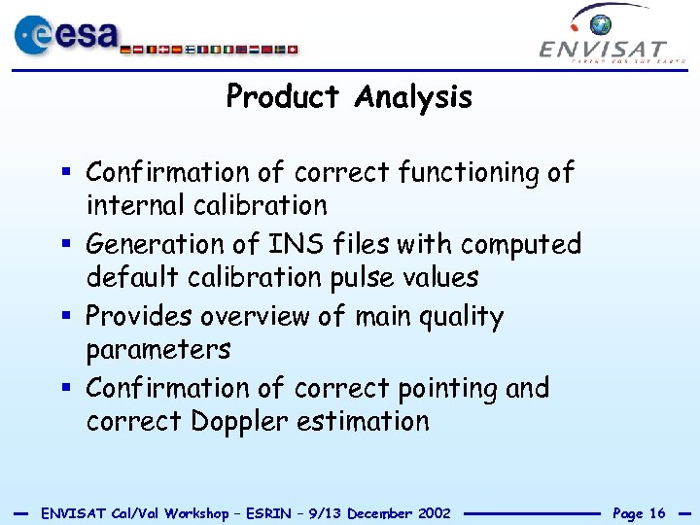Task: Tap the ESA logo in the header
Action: (x=64, y=36)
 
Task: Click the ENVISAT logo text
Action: (x=603, y=49)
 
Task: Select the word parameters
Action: (x=158, y=350)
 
